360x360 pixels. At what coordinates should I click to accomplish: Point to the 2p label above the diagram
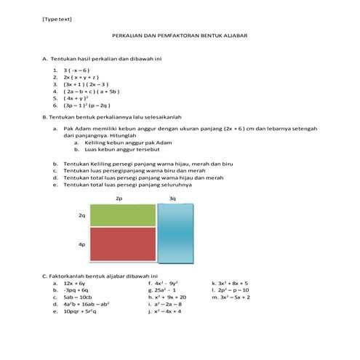tap(119, 198)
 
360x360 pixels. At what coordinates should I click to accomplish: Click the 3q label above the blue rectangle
tap(172, 198)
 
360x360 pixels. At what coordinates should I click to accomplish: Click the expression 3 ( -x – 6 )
tap(76, 71)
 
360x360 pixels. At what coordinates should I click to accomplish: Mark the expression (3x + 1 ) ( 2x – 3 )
tap(85, 85)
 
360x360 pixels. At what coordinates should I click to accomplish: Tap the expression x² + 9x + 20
tap(171, 297)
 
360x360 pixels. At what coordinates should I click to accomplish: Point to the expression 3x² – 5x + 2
tap(233, 297)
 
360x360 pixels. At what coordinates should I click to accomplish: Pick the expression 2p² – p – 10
tap(233, 290)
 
